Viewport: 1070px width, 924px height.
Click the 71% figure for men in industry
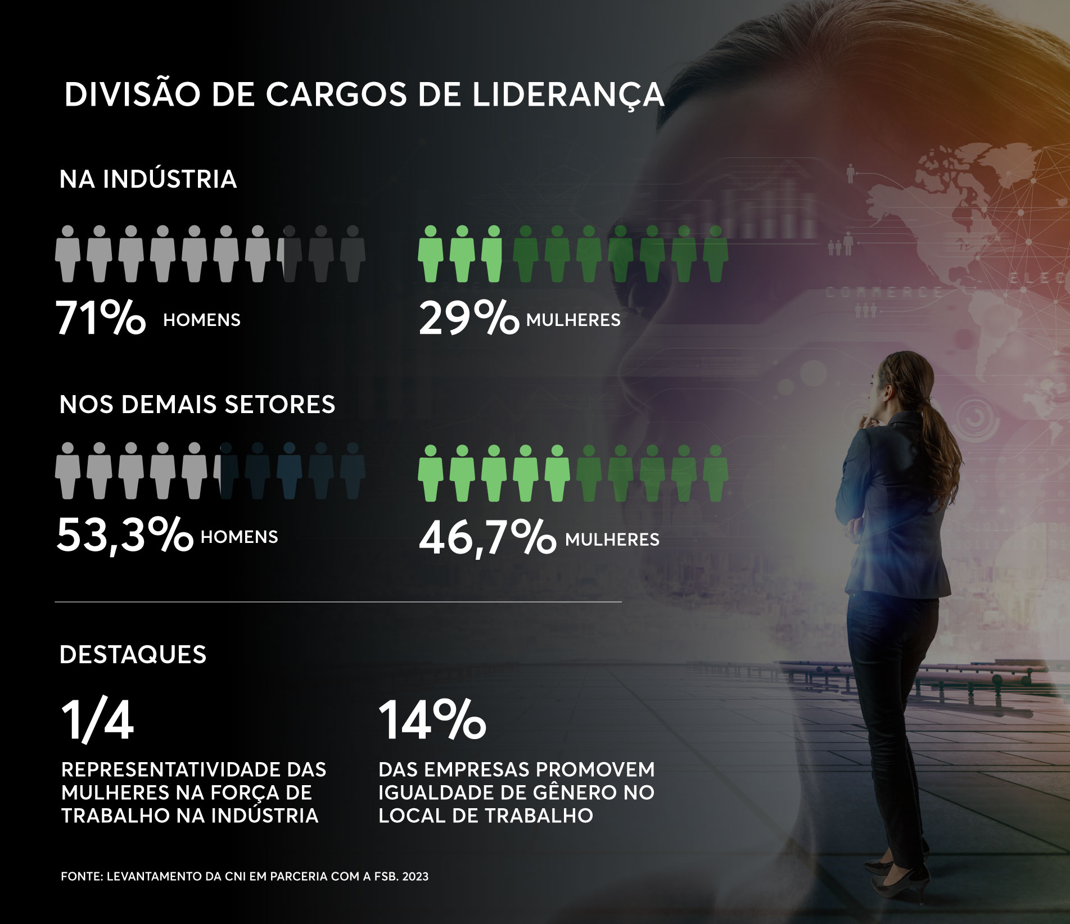[x=101, y=318]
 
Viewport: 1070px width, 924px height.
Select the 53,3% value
[x=124, y=536]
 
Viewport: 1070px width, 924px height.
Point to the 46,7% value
[x=487, y=538]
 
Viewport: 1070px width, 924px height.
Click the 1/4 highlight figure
[x=97, y=721]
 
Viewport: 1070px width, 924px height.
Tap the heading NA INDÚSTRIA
[x=148, y=179]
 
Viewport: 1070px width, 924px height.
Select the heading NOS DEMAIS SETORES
[x=197, y=405]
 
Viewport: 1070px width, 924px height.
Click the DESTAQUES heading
[x=133, y=655]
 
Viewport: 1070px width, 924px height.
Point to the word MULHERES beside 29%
[x=573, y=320]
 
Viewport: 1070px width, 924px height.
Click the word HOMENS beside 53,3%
[x=239, y=537]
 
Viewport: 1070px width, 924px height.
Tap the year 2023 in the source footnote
[x=416, y=877]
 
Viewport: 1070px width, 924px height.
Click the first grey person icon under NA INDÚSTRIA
[x=67, y=253]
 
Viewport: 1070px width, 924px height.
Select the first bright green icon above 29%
[x=430, y=253]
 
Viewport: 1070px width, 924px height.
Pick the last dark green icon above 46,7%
[x=715, y=473]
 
